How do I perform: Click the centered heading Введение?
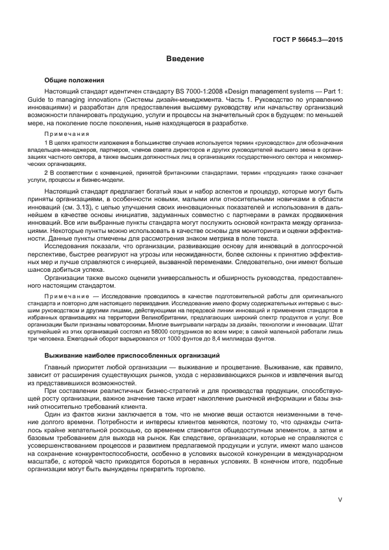185,59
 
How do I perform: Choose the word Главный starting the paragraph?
58,367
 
